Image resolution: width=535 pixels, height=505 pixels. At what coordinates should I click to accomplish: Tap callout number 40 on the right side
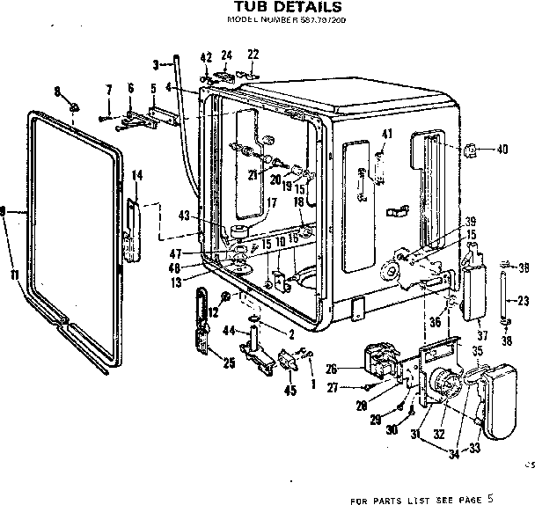[502, 150]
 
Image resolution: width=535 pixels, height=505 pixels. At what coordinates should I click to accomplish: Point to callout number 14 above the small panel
[136, 176]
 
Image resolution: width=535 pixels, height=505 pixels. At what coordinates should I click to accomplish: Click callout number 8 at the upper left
[58, 91]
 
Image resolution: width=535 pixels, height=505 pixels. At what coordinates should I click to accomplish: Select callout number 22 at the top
[253, 55]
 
